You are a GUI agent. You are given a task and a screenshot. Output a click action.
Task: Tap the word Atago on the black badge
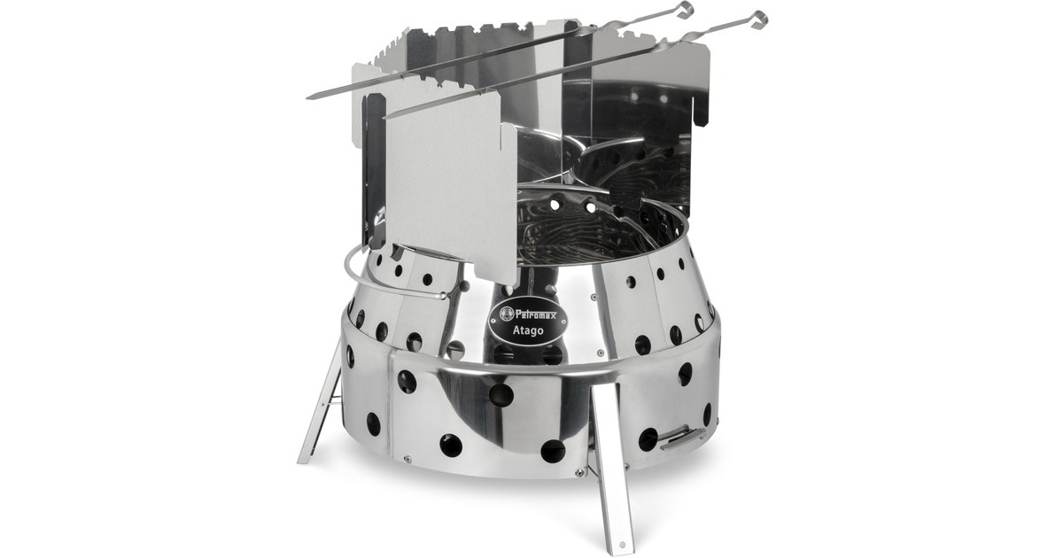(x=529, y=329)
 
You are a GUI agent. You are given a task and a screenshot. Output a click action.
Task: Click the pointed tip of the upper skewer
(x=309, y=97)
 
